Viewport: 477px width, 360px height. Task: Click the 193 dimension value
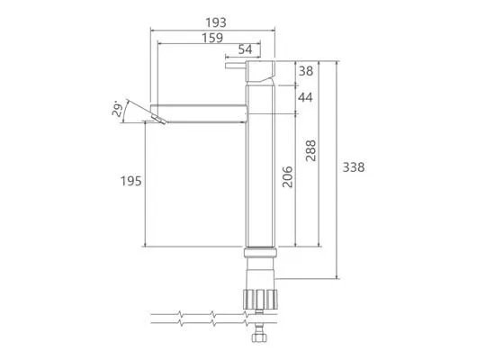pyautogui.click(x=216, y=22)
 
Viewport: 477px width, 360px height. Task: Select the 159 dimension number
pyautogui.click(x=212, y=38)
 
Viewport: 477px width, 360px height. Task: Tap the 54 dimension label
pyautogui.click(x=245, y=49)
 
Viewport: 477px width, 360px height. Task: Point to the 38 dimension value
pyautogui.click(x=306, y=71)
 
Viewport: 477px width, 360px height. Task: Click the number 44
pyautogui.click(x=305, y=97)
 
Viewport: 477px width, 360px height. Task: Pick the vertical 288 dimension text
pyautogui.click(x=310, y=150)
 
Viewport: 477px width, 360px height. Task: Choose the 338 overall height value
pyautogui.click(x=354, y=167)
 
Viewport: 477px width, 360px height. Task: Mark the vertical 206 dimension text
pyautogui.click(x=287, y=176)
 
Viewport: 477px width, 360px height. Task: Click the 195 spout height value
pyautogui.click(x=131, y=182)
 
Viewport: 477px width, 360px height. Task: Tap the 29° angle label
pyautogui.click(x=118, y=109)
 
